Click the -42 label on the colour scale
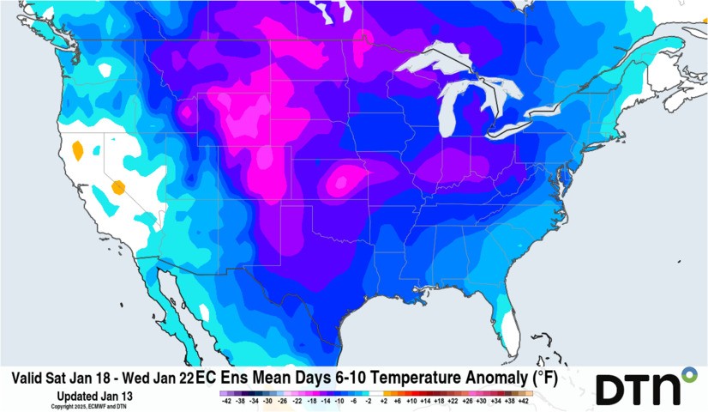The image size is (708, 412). [x=225, y=401]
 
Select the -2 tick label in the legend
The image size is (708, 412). [x=369, y=401]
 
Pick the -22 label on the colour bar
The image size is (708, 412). [x=297, y=401]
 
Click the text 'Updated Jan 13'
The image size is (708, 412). [x=93, y=395]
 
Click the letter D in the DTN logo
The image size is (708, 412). [x=612, y=389]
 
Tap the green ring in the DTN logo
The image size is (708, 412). [x=688, y=374]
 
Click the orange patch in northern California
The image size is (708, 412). [x=78, y=150]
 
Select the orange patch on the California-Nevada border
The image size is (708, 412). [x=118, y=185]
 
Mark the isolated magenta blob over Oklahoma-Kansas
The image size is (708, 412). [x=345, y=181]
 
